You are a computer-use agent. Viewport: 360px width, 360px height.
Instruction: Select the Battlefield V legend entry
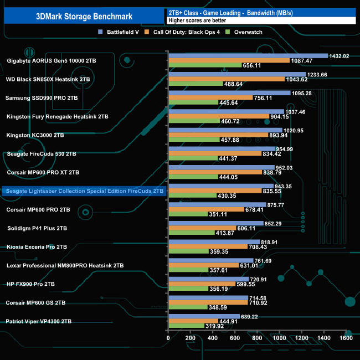coord(125,32)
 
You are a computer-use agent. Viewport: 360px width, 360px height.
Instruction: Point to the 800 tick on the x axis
coord(257,338)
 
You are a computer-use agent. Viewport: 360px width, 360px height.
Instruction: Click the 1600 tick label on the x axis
coord(346,338)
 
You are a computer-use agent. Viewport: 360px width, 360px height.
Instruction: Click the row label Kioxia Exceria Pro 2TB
coord(38,246)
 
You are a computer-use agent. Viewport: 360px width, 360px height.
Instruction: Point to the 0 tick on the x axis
coord(168,338)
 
